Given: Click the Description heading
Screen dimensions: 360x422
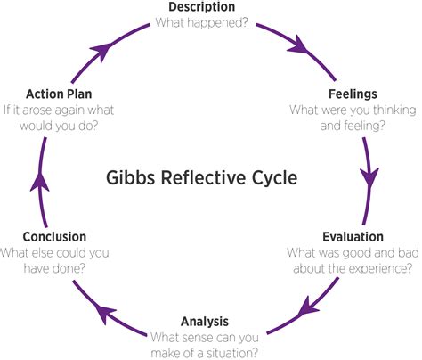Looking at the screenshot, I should click(x=207, y=7).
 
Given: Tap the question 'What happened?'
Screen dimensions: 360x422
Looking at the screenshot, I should click(x=207, y=22).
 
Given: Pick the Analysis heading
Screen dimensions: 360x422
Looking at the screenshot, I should click(x=204, y=320).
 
